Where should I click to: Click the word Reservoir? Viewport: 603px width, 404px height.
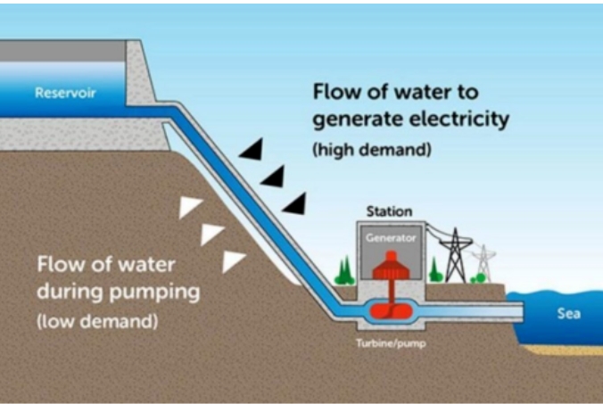tap(64, 92)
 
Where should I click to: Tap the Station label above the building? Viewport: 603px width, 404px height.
tap(390, 211)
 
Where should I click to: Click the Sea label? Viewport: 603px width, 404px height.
tap(569, 313)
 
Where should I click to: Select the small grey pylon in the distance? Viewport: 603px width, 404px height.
tap(484, 261)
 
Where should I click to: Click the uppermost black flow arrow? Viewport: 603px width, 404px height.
tap(252, 149)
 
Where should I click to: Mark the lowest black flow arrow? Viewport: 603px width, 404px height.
tap(295, 203)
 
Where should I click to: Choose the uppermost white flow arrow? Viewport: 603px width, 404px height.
tap(191, 207)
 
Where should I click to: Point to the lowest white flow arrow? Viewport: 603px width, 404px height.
tap(234, 260)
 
